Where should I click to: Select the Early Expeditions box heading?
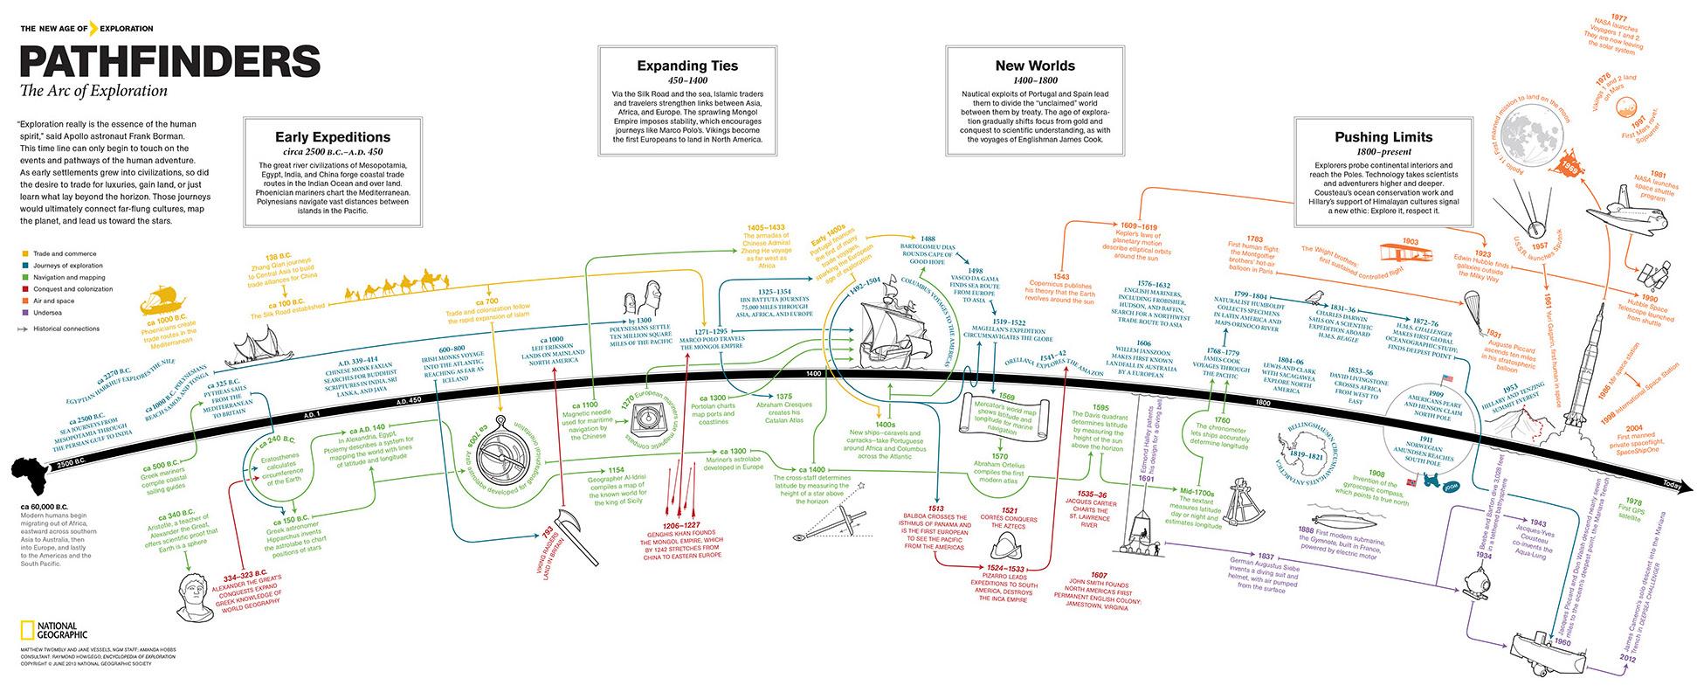(333, 137)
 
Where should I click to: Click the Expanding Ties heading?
(686, 66)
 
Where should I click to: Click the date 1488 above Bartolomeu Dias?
(928, 238)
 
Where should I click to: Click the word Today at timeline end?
(1672, 485)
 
